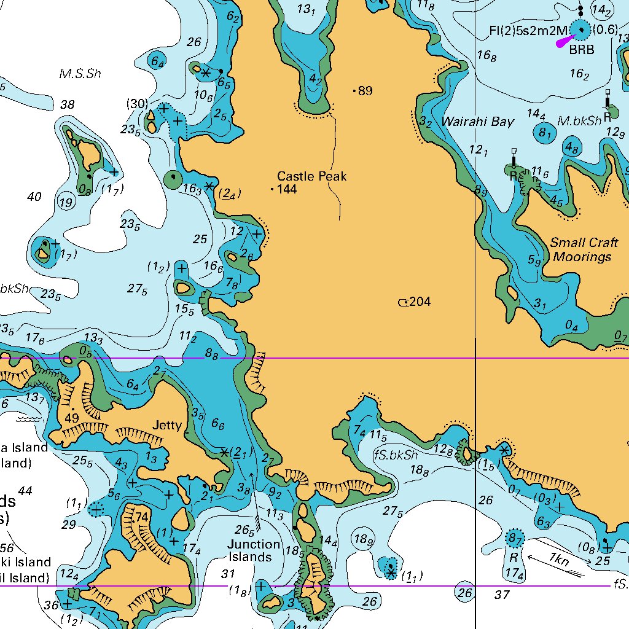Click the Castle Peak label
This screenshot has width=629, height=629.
click(x=311, y=176)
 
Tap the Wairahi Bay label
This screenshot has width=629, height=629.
click(x=477, y=122)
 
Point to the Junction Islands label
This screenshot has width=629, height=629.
click(x=254, y=550)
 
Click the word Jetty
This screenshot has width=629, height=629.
click(x=167, y=425)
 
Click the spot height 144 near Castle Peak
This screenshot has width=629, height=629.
click(x=287, y=189)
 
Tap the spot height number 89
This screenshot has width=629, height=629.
click(x=365, y=91)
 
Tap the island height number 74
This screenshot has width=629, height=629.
click(x=141, y=517)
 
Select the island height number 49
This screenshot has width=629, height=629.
click(x=72, y=418)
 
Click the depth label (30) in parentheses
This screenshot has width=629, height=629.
click(x=136, y=103)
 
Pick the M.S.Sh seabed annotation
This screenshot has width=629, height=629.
click(x=80, y=74)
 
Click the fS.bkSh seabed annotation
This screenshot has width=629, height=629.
click(x=396, y=455)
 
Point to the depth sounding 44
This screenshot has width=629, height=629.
click(x=25, y=491)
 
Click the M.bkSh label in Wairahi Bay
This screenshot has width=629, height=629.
click(x=579, y=122)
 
